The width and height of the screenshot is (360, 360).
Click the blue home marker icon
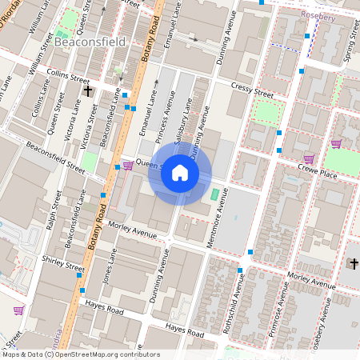click(180, 173)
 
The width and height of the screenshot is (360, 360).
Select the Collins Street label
click(68, 78)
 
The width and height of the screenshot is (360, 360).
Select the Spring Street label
click(347, 53)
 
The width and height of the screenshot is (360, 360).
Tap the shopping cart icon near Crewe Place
click(309, 158)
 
